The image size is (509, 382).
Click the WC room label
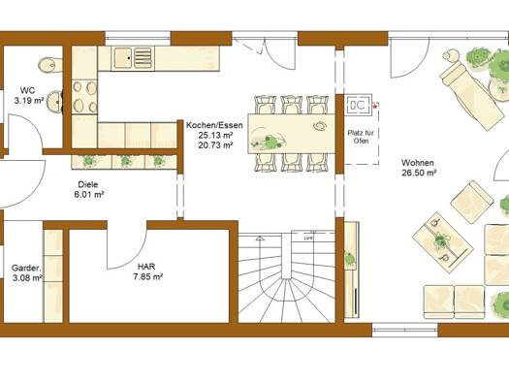(27, 90)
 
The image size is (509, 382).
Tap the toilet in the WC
(50, 65)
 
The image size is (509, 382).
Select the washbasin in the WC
(54, 102)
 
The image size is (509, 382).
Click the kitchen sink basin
(122, 58)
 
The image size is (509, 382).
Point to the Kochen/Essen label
(214, 125)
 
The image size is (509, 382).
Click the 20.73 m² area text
(215, 145)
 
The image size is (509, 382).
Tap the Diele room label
(88, 184)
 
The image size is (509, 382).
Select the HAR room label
(146, 267)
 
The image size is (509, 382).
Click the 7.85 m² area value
(147, 277)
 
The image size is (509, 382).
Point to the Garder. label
(26, 269)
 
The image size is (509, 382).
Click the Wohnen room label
(418, 163)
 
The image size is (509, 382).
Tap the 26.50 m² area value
(419, 173)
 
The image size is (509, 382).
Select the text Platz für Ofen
(361, 137)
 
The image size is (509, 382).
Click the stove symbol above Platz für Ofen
(359, 105)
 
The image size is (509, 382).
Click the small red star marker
(376, 106)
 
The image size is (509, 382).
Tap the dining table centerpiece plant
(270, 141)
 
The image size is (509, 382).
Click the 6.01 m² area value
(89, 195)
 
